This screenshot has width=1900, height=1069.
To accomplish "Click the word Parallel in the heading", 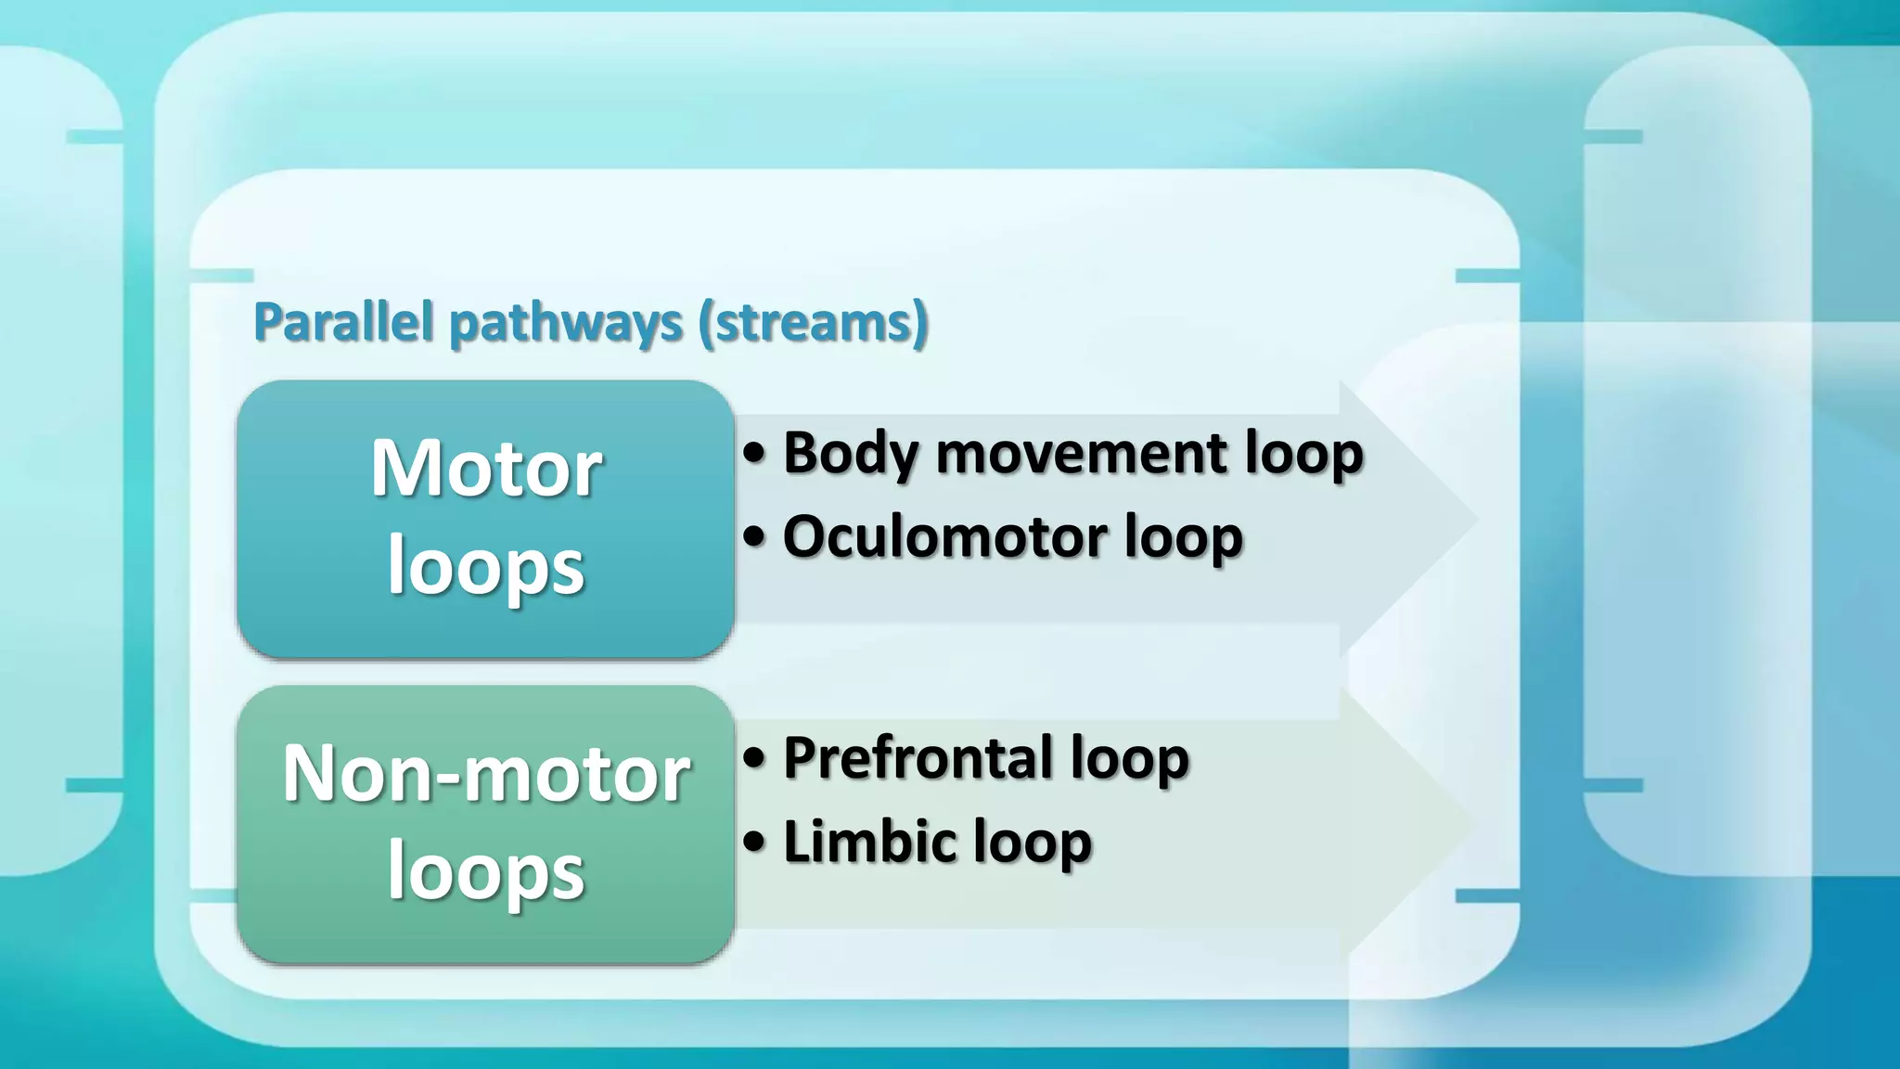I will [x=343, y=323].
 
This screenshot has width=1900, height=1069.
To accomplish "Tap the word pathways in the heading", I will [x=567, y=323].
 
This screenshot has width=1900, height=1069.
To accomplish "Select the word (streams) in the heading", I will [x=813, y=323].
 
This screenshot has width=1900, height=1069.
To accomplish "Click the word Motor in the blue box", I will [x=486, y=469].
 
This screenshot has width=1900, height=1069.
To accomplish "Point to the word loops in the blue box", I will [x=486, y=567].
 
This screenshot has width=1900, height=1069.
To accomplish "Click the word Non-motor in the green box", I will [x=486, y=773].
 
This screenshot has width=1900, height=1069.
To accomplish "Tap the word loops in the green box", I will [x=486, y=872].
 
